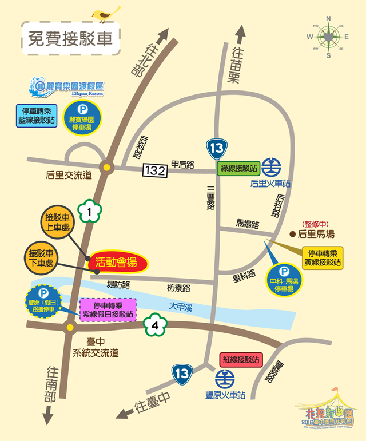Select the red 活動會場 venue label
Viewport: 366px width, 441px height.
(117, 263)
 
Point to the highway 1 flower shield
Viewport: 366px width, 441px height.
(90, 212)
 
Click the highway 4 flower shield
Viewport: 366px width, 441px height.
(156, 326)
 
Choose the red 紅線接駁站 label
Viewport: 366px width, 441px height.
(241, 360)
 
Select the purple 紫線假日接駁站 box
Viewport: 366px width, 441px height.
(107, 309)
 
